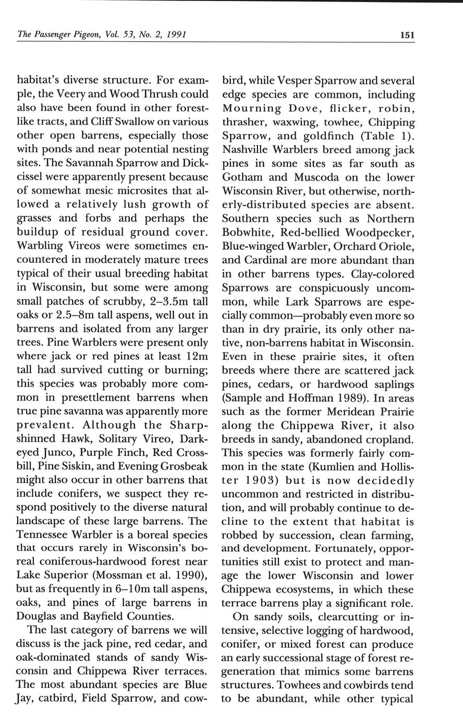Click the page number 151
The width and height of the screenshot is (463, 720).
click(407, 35)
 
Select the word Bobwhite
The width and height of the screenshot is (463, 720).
click(247, 232)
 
